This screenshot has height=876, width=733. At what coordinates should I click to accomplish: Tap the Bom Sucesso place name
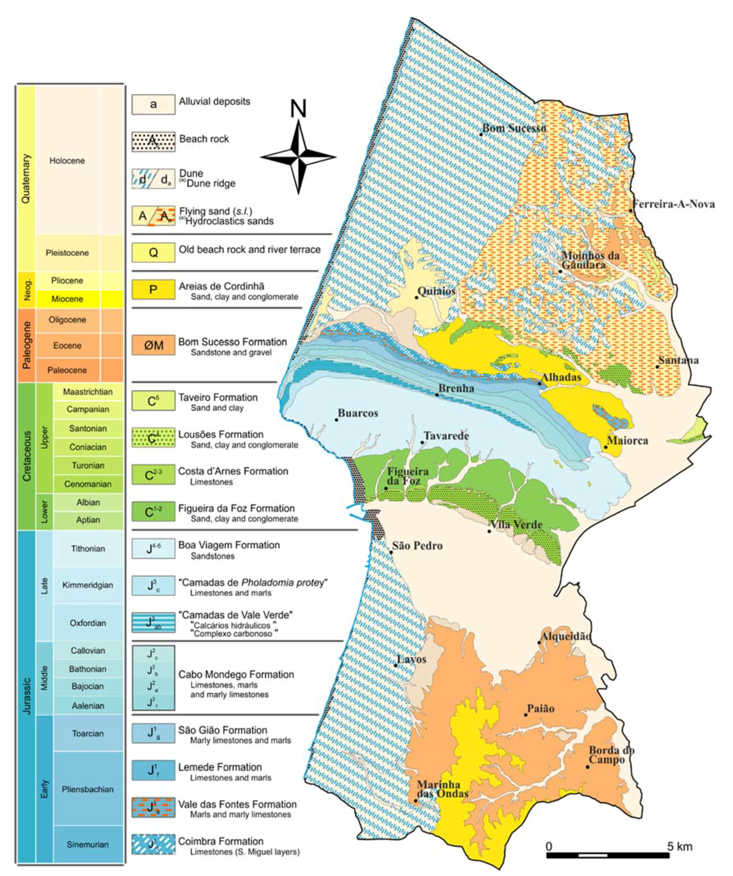514,129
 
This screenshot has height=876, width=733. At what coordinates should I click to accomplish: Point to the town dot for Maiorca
606,447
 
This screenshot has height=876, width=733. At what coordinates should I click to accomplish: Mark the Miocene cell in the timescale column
67,299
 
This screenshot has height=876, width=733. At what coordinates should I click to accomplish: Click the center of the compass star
298,157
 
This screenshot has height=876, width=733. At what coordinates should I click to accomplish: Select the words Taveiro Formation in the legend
218,397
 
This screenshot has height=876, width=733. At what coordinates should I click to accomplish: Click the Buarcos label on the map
357,413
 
